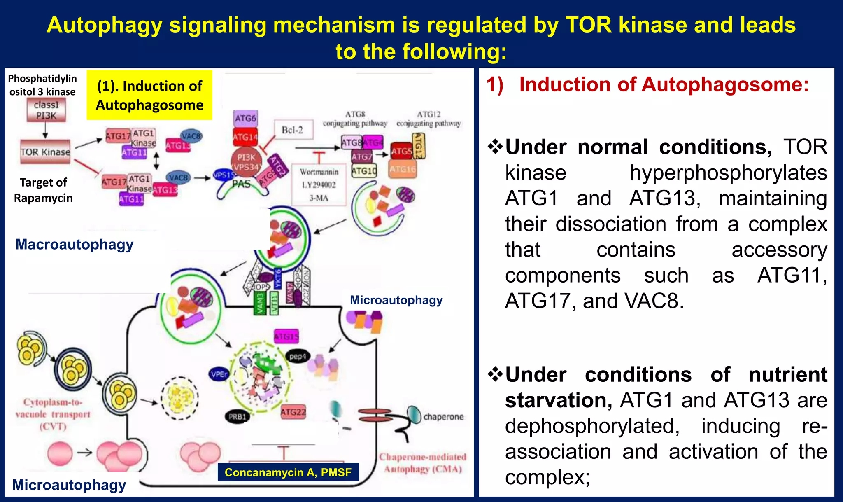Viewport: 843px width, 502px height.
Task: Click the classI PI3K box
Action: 46,110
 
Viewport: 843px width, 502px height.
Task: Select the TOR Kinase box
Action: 45,152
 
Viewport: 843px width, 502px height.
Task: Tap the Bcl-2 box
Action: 292,130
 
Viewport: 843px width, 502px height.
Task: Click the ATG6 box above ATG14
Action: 245,118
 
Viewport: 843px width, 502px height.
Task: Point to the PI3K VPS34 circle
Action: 246,162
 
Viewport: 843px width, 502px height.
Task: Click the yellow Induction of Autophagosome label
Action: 149,95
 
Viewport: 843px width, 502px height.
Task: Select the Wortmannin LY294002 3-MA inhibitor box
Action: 319,184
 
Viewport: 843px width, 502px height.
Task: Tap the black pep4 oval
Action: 298,356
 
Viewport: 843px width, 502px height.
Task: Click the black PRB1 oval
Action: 238,416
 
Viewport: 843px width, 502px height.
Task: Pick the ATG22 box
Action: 293,412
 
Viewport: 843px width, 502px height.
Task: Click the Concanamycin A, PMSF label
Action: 288,472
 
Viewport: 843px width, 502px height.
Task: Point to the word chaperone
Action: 443,416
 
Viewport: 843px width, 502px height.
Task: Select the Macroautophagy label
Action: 75,244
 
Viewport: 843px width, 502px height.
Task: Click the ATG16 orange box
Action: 403,169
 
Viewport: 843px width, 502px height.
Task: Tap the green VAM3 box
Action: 260,303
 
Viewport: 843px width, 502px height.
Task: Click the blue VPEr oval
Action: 219,374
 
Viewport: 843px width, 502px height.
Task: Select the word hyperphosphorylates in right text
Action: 728,173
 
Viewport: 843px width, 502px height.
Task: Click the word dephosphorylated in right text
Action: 592,426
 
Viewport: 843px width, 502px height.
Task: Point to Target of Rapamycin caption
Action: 43,190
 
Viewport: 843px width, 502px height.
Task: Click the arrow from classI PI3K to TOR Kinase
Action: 45,131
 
